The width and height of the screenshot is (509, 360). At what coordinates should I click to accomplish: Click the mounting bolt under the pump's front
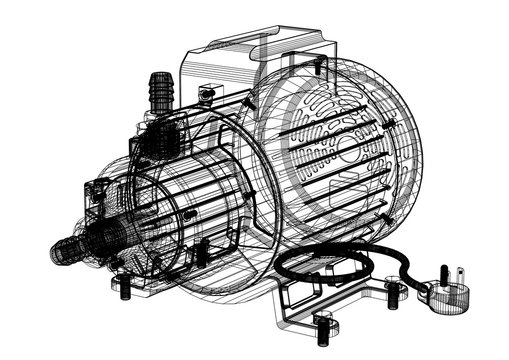(124, 290)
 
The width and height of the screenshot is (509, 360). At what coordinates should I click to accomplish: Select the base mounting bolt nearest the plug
(397, 291)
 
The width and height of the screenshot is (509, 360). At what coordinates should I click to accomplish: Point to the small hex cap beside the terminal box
(207, 94)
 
